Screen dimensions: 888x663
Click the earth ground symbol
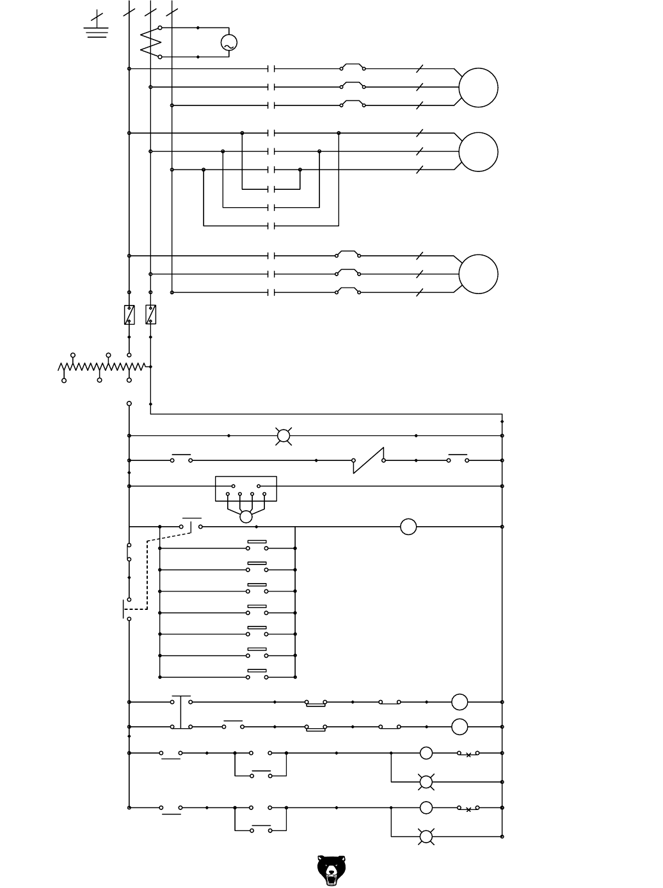[x=97, y=28]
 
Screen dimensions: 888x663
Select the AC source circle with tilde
[x=228, y=43]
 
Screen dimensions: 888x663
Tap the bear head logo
[x=331, y=870]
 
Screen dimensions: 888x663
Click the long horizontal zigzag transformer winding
[x=102, y=367]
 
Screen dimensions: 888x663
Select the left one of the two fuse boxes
[x=129, y=315]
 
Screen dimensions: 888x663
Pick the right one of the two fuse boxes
[x=151, y=315]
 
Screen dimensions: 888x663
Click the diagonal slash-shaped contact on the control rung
[x=369, y=460]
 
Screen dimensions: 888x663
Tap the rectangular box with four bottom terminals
[x=246, y=488]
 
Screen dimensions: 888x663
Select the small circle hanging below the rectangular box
[x=246, y=517]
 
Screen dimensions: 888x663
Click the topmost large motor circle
[x=478, y=88]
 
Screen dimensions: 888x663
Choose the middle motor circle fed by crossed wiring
[x=478, y=152]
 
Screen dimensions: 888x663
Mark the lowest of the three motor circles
[x=478, y=274]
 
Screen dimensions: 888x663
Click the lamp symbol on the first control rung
[x=284, y=436]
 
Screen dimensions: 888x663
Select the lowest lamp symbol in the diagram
[x=426, y=837]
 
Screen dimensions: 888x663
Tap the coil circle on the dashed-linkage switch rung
[x=408, y=527]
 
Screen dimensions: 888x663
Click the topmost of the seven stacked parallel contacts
[x=257, y=547]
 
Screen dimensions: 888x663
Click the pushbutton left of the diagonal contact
[x=182, y=459]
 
